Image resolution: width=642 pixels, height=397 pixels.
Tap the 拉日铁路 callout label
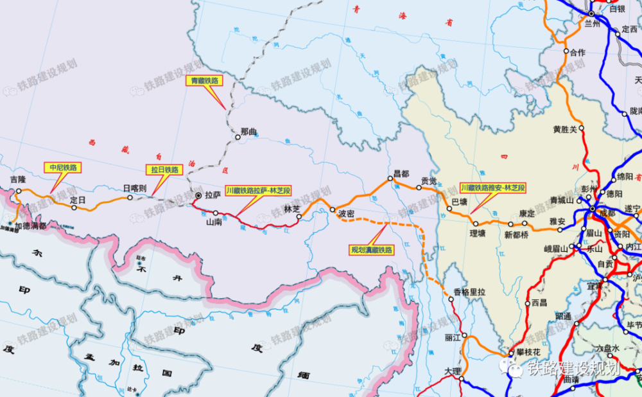pyautogui.click(x=164, y=170)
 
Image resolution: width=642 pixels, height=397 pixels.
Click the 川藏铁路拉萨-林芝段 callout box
pyautogui.click(x=259, y=190)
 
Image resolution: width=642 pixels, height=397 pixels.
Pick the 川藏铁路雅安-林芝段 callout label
pyautogui.click(x=493, y=188)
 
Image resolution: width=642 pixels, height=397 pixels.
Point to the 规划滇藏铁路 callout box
pyautogui.click(x=371, y=249)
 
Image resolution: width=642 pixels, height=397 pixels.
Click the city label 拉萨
pyautogui.click(x=213, y=196)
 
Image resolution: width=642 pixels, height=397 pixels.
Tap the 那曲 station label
pyautogui.click(x=248, y=132)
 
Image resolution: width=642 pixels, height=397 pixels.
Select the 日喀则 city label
pyautogui.click(x=135, y=188)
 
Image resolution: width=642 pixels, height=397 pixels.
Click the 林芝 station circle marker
pyautogui.click(x=299, y=217)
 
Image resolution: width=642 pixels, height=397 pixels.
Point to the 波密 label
pyautogui.click(x=347, y=213)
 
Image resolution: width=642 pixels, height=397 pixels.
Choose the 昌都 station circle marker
pyautogui.click(x=389, y=178)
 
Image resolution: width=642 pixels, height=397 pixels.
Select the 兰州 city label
pyautogui.click(x=591, y=24)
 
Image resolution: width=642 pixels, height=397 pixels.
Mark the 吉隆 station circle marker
pyautogui.click(x=19, y=191)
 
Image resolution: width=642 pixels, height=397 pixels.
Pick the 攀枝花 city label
pyautogui.click(x=529, y=352)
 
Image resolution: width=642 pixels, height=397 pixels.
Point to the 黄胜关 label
pyautogui.click(x=565, y=129)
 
